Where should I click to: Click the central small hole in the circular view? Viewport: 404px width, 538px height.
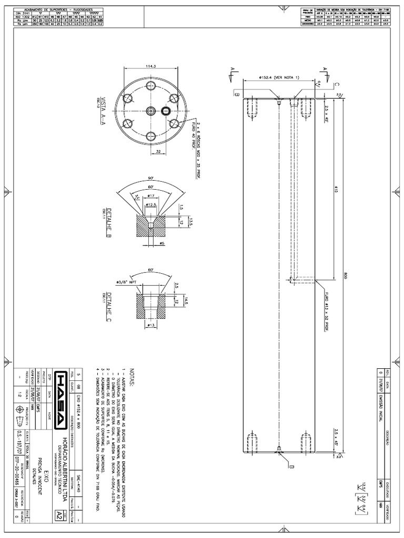tap(151, 111)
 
